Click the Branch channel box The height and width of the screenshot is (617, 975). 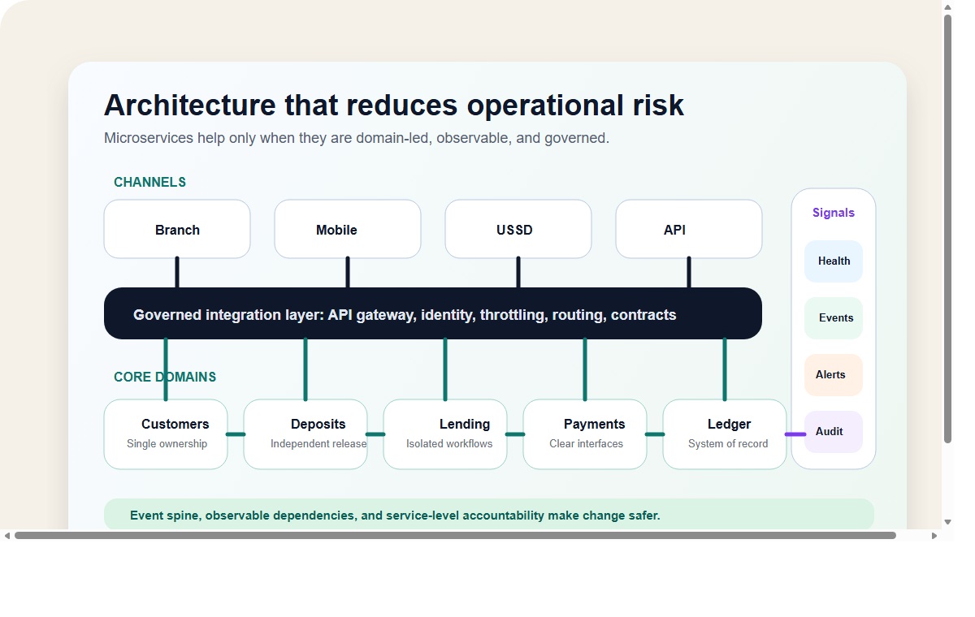point(177,230)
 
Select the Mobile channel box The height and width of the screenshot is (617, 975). point(347,230)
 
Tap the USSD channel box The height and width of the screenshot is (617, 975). point(518,230)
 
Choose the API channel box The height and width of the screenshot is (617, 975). point(688,230)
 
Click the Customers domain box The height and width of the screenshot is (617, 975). point(166,434)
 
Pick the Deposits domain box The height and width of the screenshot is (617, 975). point(305,434)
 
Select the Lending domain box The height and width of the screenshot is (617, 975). point(445,434)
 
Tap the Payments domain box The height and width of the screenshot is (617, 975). point(585,434)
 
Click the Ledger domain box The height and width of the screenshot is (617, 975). point(725,434)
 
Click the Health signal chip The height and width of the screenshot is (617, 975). point(834,261)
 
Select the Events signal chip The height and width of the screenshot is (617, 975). point(834,318)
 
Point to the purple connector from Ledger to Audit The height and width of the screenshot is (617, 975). point(795,434)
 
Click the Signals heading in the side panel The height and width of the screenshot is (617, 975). point(834,213)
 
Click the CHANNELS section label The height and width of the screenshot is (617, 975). point(149,183)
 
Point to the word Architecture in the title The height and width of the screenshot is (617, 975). point(189,106)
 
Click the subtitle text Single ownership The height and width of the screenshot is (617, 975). point(167,444)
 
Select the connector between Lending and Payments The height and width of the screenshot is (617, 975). point(515,434)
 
